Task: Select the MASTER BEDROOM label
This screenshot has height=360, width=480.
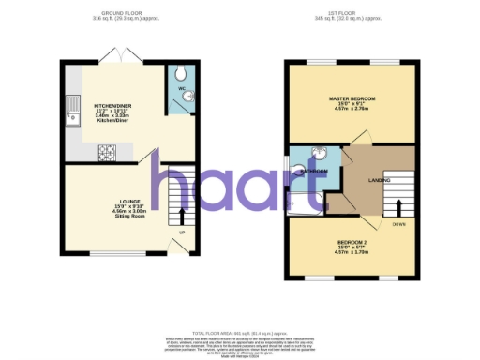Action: tap(352, 98)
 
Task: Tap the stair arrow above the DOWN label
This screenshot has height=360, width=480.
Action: tap(399, 208)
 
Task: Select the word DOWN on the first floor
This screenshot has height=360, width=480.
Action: tap(399, 225)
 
